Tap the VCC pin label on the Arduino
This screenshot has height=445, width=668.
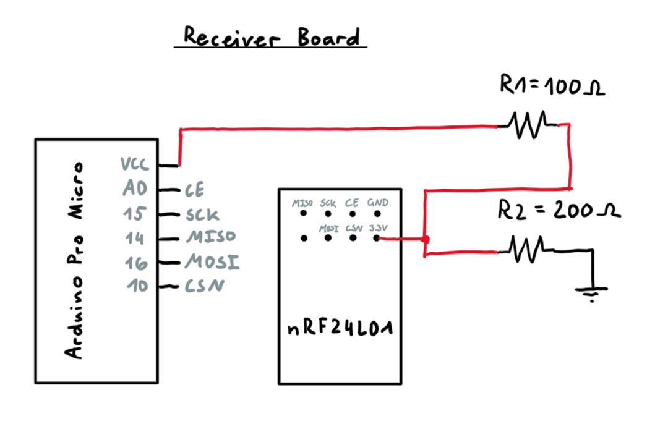tap(134, 164)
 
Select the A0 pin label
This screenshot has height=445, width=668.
tap(135, 189)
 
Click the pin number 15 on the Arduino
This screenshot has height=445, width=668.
tap(135, 214)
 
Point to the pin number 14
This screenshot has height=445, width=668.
tap(135, 239)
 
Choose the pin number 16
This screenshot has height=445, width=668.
tap(135, 263)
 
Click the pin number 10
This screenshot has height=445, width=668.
tap(136, 286)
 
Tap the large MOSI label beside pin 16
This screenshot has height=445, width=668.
tap(212, 263)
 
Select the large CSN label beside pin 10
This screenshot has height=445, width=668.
tap(203, 286)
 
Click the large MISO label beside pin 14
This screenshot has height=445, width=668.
tap(210, 238)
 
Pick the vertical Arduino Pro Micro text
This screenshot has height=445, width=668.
tap(75, 260)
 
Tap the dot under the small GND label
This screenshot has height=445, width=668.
tap(377, 214)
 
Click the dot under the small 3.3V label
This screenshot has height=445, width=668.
tap(377, 238)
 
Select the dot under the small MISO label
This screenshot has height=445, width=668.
tap(304, 214)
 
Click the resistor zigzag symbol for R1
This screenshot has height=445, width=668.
tap(526, 125)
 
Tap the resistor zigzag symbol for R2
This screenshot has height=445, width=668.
tap(526, 250)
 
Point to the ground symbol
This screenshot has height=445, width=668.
tap(593, 290)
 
